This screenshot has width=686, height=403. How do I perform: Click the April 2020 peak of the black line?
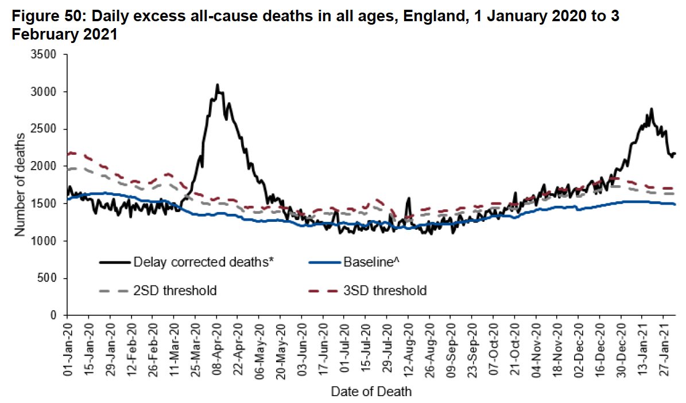point(217,85)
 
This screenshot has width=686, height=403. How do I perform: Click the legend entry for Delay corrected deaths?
point(186,263)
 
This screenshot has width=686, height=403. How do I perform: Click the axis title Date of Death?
point(371,392)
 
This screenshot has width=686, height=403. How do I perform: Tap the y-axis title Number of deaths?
point(20,185)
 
